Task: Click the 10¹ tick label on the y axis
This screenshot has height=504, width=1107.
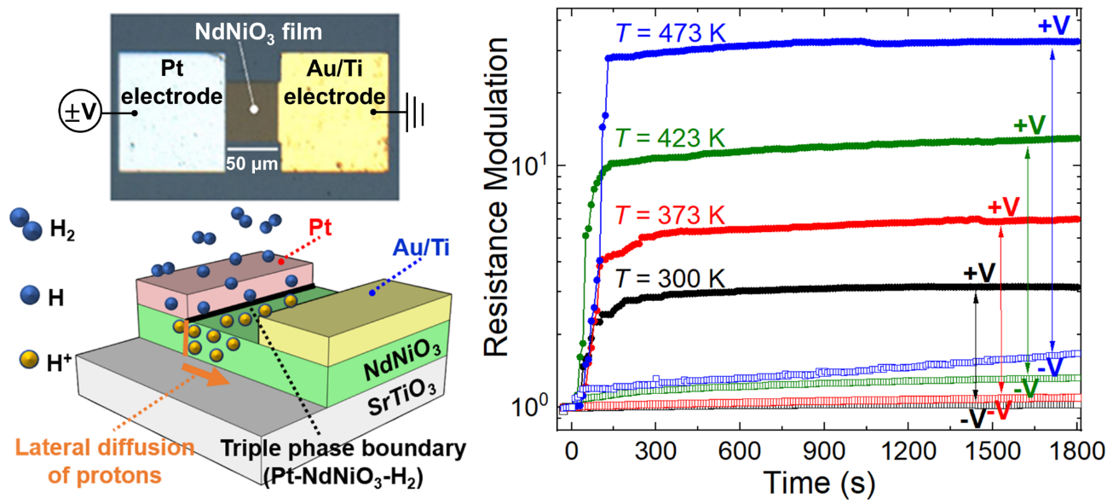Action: pos(534,165)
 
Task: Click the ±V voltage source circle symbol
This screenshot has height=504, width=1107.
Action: pos(75,111)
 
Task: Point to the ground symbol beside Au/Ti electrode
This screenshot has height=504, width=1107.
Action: pos(415,112)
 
